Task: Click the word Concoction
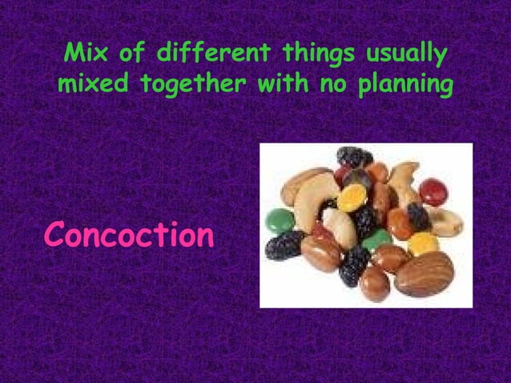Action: click(x=129, y=235)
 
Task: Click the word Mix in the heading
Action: click(x=87, y=55)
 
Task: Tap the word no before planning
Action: click(x=336, y=84)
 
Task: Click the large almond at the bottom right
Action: click(x=424, y=273)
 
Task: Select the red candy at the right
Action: click(x=433, y=191)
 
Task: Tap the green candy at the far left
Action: click(x=280, y=220)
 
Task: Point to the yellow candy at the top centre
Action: click(x=352, y=197)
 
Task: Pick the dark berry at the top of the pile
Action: click(x=353, y=156)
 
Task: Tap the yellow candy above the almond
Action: click(x=423, y=243)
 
